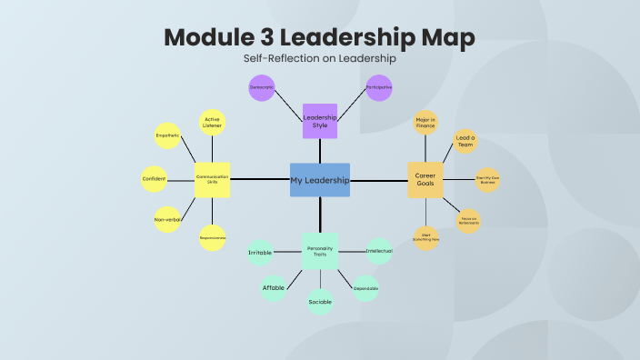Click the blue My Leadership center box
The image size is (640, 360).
(x=320, y=180)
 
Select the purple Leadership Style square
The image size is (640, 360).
(x=320, y=120)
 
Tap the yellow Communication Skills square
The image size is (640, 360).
(x=212, y=180)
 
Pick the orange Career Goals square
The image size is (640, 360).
(x=425, y=180)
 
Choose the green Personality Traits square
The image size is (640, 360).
(x=320, y=250)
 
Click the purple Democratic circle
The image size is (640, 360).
(x=262, y=88)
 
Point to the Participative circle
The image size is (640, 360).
(x=379, y=88)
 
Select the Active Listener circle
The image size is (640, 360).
(x=212, y=123)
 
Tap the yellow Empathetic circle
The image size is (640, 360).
(x=168, y=136)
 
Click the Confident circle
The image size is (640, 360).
(x=154, y=179)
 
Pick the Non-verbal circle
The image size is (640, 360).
(x=168, y=219)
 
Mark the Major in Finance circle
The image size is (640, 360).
(x=425, y=123)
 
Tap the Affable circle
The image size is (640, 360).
(x=274, y=287)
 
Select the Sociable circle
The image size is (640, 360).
(x=320, y=301)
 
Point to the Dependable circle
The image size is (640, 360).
(x=365, y=288)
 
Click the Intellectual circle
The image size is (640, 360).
(x=378, y=251)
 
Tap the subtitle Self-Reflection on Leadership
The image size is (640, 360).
(x=320, y=58)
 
